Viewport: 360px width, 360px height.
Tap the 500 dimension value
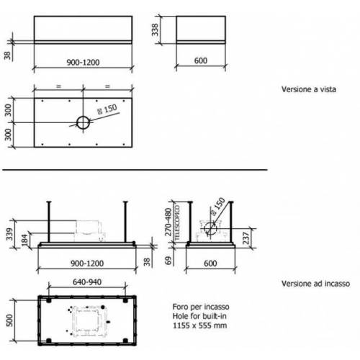9,318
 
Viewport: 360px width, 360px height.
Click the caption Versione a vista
310,91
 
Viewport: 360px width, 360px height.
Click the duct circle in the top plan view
84,122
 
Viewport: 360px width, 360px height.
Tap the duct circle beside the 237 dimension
211,231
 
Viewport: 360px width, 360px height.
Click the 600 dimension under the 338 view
201,62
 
